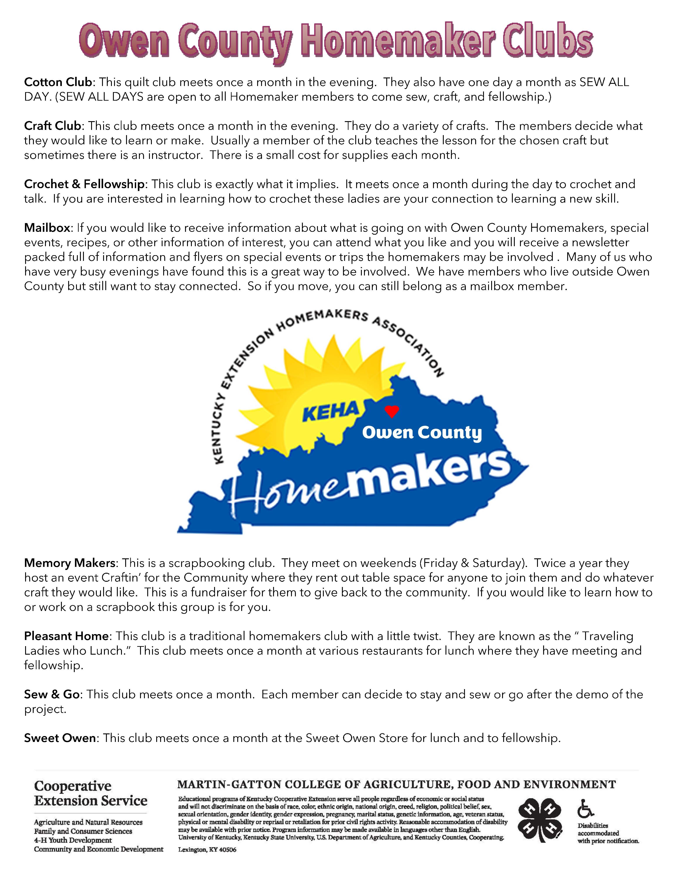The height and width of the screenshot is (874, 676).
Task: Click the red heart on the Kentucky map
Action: pos(392,411)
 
